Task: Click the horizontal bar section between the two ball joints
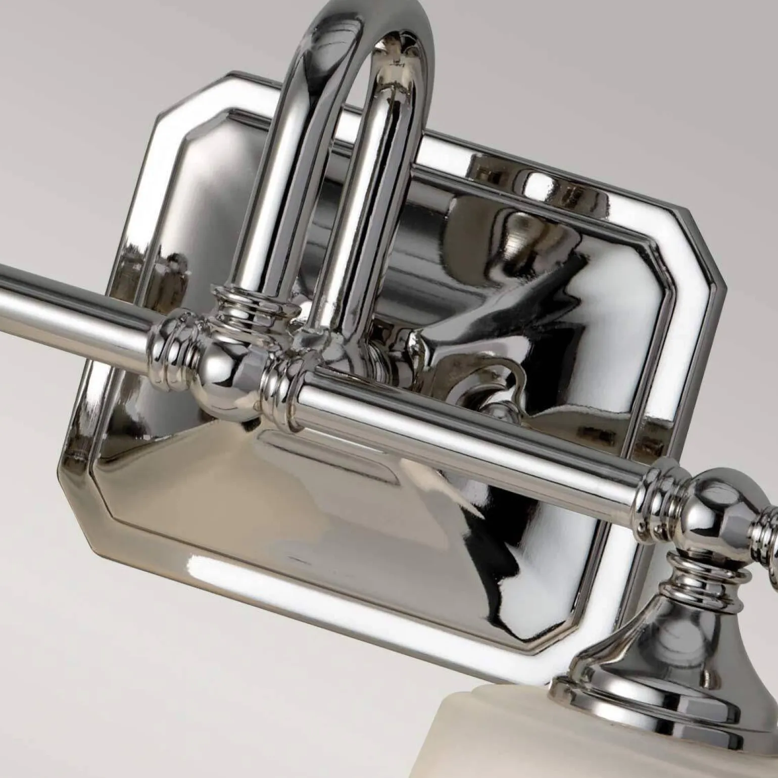(x=455, y=434)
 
